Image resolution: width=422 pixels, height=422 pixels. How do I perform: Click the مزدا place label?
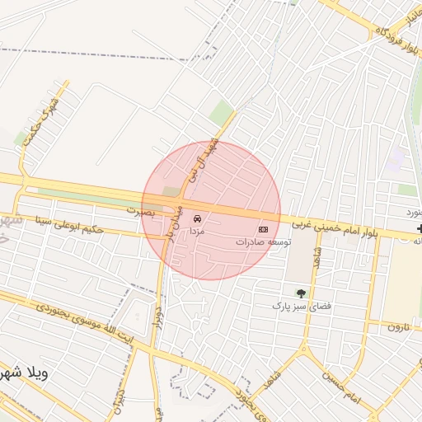(x=197, y=232)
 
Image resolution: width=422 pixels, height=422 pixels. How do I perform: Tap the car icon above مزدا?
(x=197, y=219)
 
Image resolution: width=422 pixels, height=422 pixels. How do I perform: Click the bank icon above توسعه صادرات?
(x=264, y=228)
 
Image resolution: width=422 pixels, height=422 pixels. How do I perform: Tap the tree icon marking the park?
(x=300, y=292)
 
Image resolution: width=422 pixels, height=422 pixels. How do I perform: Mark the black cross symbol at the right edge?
(x=420, y=227)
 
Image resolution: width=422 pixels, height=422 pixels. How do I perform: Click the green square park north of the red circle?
(x=221, y=113)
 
